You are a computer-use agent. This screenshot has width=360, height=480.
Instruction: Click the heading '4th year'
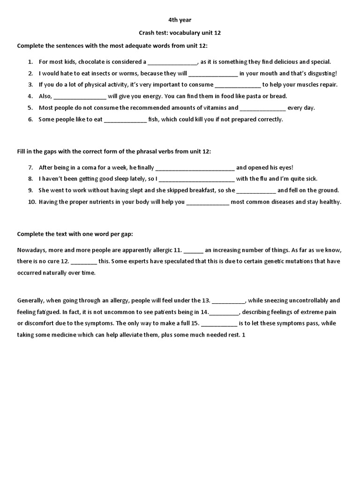[180, 20]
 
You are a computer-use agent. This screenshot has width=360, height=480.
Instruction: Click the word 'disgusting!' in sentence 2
[322, 73]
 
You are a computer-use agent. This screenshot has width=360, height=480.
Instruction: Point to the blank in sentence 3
[238, 85]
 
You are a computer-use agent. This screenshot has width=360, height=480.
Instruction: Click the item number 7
[30, 167]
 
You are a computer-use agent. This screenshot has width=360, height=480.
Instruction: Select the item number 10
[31, 202]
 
